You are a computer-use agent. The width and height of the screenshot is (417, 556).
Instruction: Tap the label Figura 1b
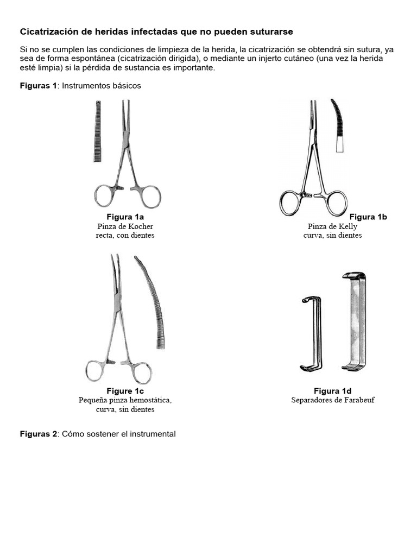(x=368, y=217)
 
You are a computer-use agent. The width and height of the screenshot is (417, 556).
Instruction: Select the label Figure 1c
(x=125, y=391)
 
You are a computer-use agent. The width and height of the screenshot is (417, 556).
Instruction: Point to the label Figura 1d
(x=332, y=391)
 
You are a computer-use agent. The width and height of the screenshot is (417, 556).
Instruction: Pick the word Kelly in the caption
(x=348, y=226)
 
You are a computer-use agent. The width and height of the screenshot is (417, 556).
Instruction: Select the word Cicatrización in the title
(x=48, y=32)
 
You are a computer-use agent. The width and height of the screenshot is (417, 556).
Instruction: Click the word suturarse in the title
(x=274, y=32)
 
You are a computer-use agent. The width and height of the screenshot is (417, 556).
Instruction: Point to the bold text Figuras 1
(x=38, y=86)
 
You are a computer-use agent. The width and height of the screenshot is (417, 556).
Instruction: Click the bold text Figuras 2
(x=38, y=434)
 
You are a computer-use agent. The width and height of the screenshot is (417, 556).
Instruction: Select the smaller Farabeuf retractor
(x=313, y=333)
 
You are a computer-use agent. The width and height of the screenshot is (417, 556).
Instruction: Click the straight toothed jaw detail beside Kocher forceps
(x=98, y=131)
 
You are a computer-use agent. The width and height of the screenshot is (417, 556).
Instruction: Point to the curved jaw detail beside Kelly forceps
(x=338, y=124)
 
